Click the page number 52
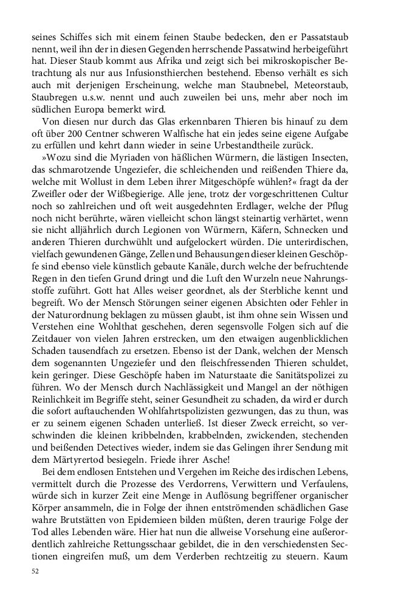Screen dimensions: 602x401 36,572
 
